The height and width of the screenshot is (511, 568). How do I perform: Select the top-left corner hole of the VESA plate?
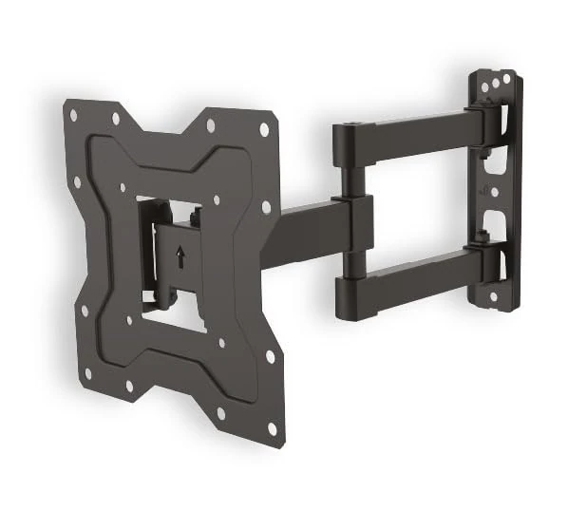73,115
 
